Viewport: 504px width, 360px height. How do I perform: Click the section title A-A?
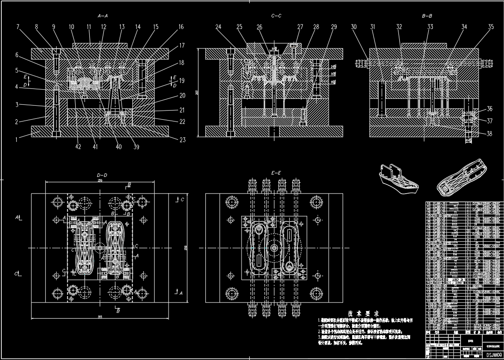[103, 16]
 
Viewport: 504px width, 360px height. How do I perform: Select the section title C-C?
[276, 16]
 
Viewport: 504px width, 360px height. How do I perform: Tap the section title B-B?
[427, 16]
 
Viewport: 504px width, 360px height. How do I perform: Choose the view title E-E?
[276, 173]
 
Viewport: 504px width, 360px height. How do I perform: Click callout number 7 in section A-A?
[18, 27]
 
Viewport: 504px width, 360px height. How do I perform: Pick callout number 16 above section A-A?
[181, 27]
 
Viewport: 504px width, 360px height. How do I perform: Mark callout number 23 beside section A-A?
[183, 140]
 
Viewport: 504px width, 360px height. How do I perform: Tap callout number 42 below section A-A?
[78, 147]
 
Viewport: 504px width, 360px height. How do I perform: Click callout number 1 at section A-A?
[17, 140]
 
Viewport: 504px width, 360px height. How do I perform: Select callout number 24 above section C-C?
[218, 27]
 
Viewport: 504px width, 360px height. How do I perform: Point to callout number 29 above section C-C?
[334, 27]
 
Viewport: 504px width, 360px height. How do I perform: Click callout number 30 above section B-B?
[354, 27]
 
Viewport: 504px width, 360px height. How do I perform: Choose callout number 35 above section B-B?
[490, 27]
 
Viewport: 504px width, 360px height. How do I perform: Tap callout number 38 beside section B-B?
[489, 134]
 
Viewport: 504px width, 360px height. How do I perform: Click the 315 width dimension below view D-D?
[99, 316]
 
